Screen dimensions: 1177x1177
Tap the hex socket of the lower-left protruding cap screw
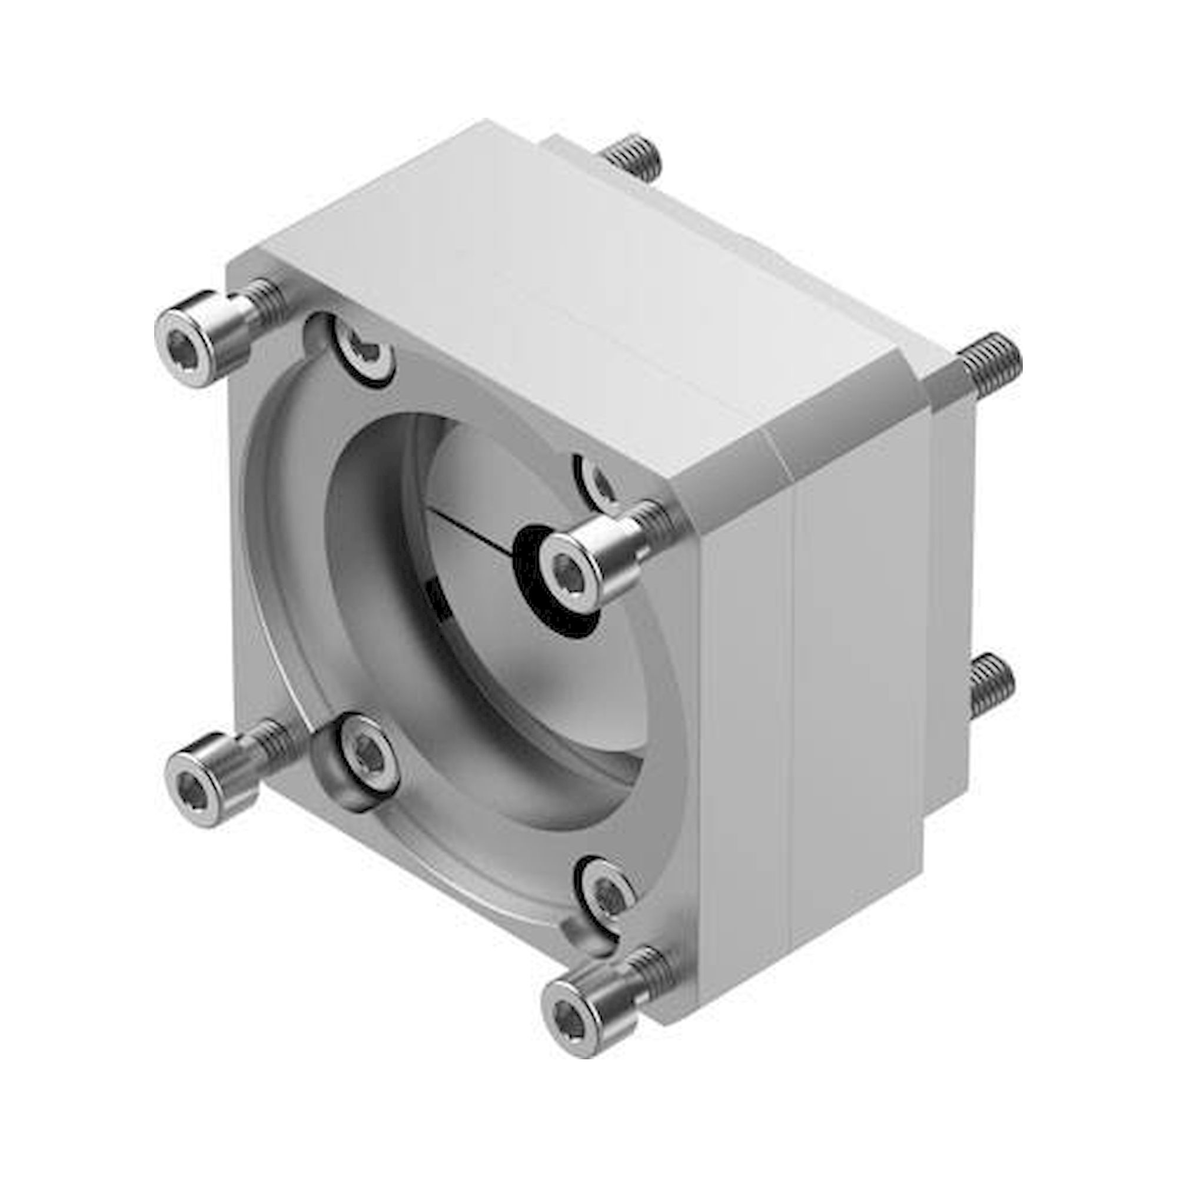click(x=194, y=781)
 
